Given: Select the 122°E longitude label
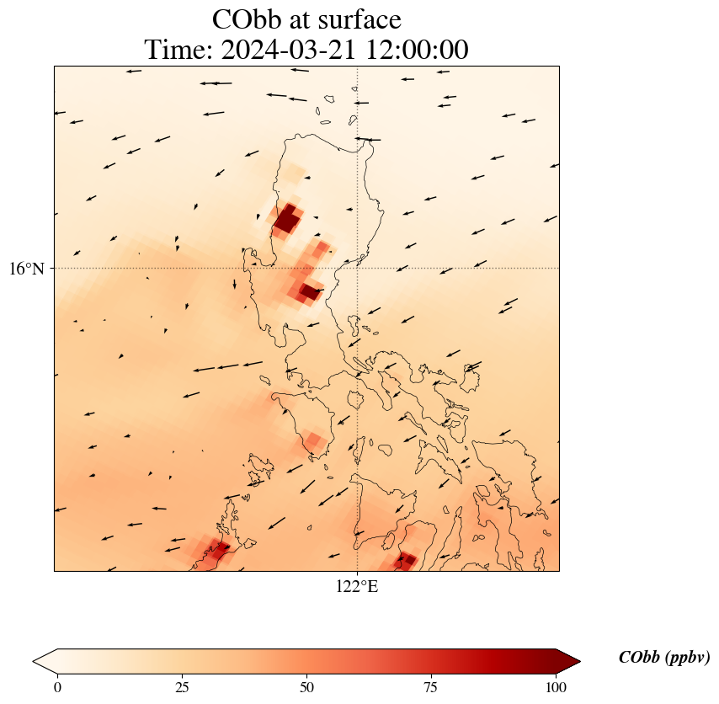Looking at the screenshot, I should coord(357,587).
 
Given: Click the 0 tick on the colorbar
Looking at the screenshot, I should coord(57,687).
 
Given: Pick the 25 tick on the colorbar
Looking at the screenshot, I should coord(182,687).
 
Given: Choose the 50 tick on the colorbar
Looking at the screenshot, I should coord(306,687).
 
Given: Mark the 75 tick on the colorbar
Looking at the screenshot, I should coord(431,687).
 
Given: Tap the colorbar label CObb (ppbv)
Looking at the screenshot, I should coord(663,658).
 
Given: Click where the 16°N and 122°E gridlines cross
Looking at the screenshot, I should coord(358,268).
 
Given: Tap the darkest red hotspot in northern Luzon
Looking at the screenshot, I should coord(286,221).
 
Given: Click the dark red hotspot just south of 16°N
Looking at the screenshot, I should coord(310,292).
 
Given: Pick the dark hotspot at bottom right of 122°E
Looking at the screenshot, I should coord(407,559).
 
